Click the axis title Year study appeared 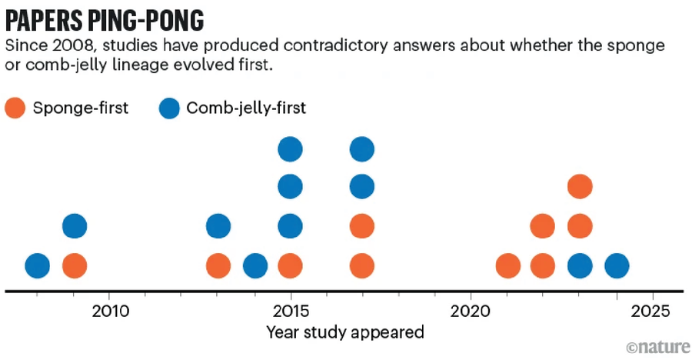click(345, 332)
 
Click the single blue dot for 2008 click(38, 266)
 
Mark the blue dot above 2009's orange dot click(74, 226)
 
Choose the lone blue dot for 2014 click(255, 266)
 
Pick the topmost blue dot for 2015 click(289, 148)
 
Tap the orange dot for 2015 click(289, 266)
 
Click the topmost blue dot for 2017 click(361, 148)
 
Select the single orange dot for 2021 click(507, 266)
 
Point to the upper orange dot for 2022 click(543, 226)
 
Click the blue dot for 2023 click(580, 266)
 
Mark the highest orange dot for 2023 click(580, 186)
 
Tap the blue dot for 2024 click(616, 266)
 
